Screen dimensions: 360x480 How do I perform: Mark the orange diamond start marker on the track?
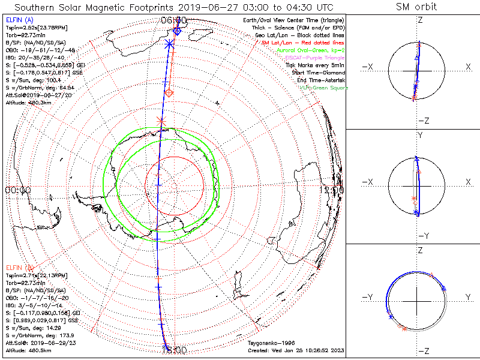pos(169,92)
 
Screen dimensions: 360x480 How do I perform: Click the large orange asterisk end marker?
pos(161,121)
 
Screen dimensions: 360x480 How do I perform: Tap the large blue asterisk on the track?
pos(170,44)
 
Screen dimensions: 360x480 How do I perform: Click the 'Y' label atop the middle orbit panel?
pos(420,135)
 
